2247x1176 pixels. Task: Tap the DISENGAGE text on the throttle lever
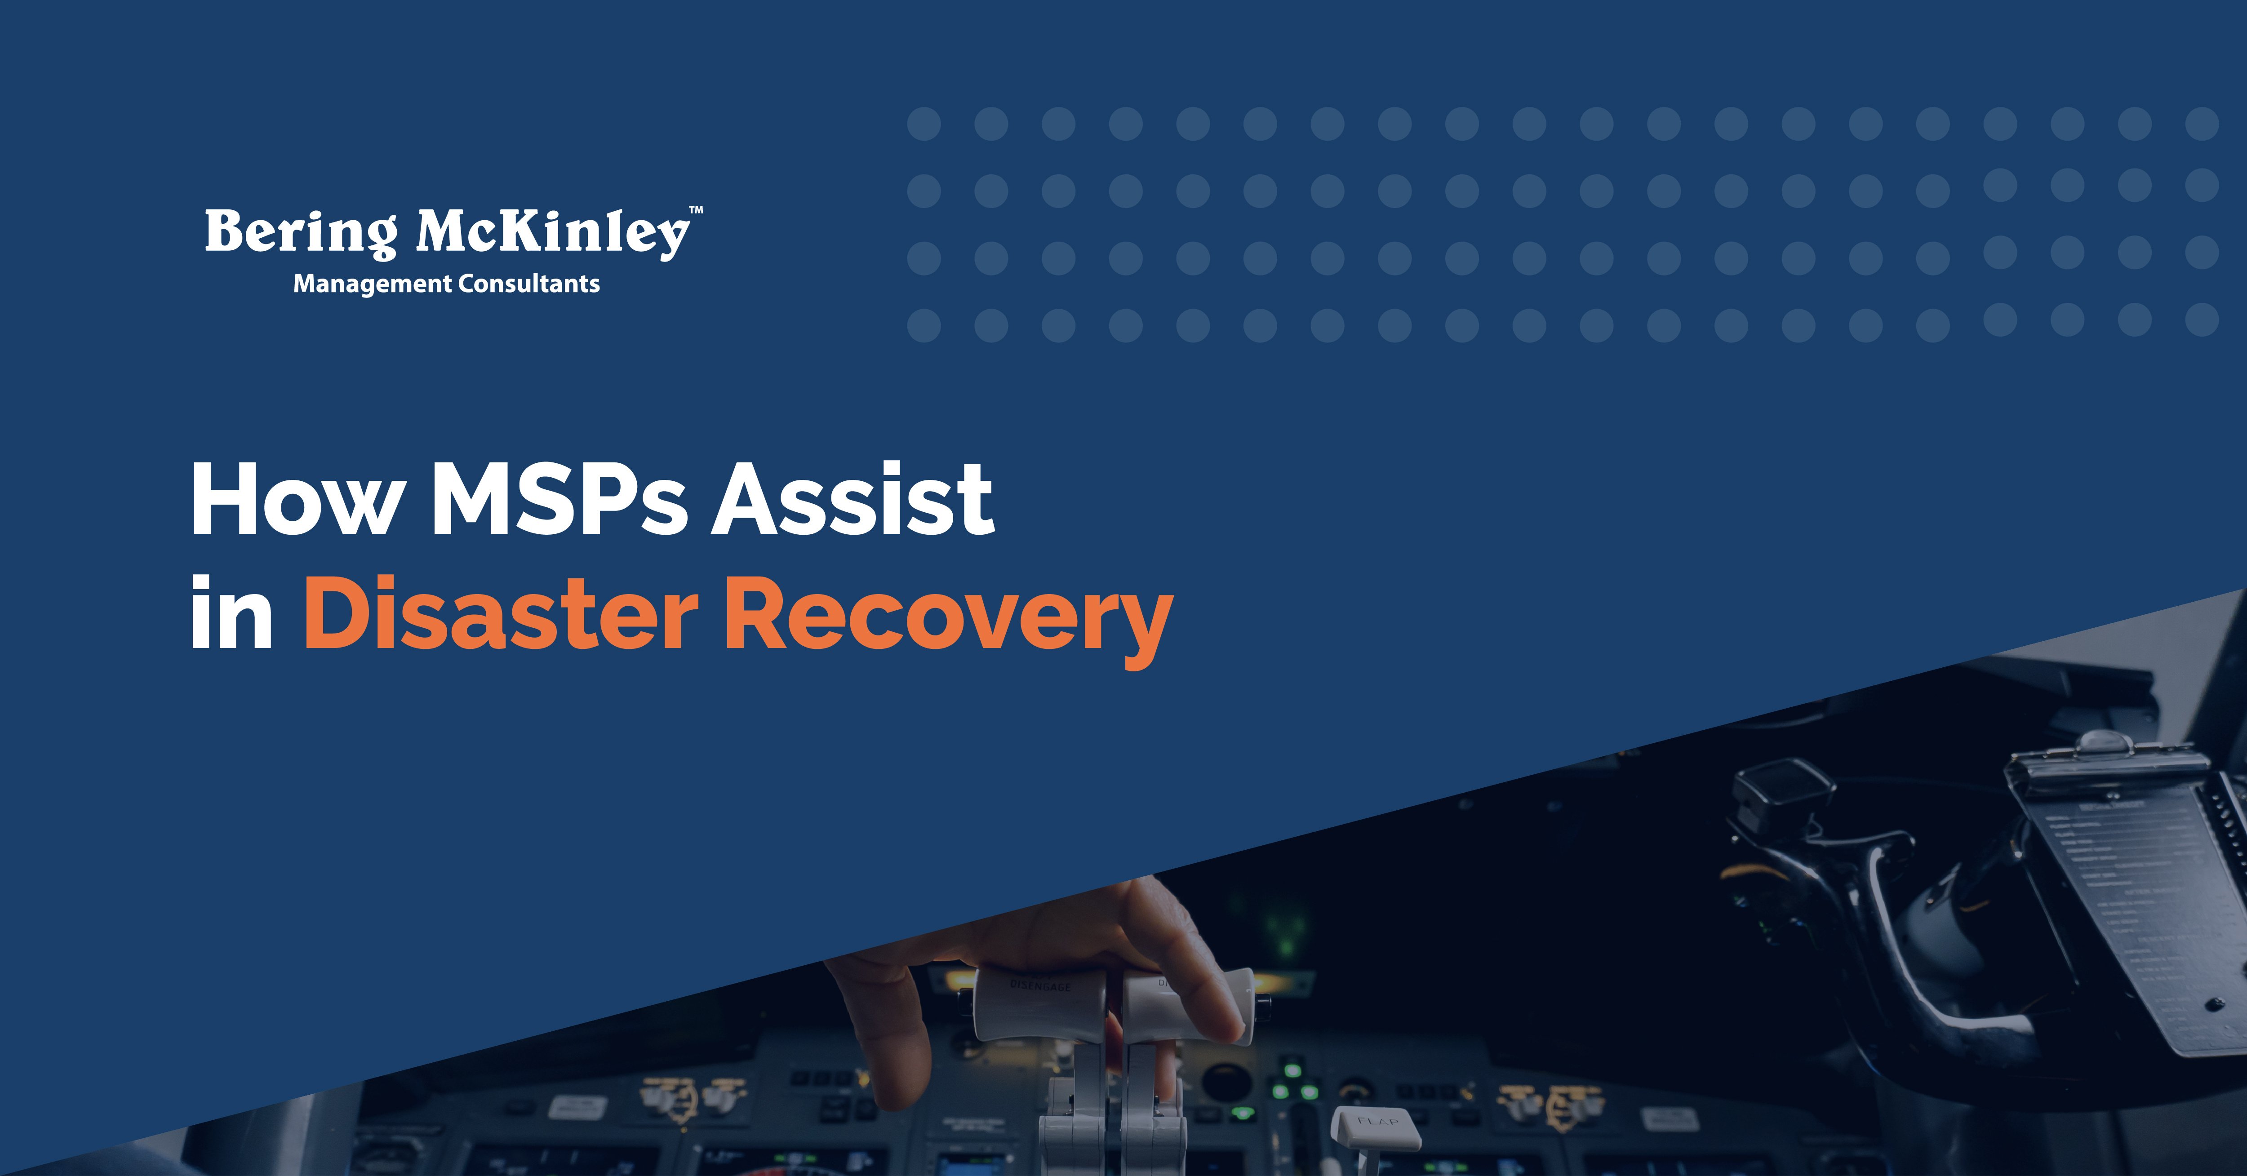1040,986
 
